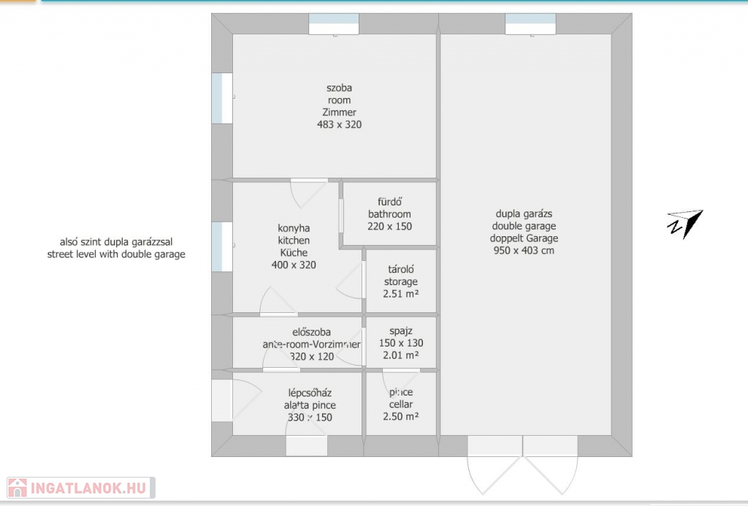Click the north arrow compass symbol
(x=685, y=224)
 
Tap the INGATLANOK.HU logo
(x=80, y=488)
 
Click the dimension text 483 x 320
(x=339, y=124)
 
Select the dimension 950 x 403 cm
(x=524, y=250)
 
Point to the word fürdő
(x=390, y=202)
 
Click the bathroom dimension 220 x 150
(x=390, y=226)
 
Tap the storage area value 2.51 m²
(x=401, y=293)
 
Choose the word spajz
(x=401, y=331)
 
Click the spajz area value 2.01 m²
(x=401, y=355)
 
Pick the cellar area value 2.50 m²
(x=401, y=416)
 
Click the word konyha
(x=294, y=228)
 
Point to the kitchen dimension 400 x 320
(x=294, y=265)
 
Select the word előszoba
(x=311, y=332)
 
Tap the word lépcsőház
(x=310, y=393)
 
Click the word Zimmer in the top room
(x=339, y=112)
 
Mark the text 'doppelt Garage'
(x=524, y=238)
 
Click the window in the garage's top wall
(x=530, y=24)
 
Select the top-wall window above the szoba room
(x=334, y=24)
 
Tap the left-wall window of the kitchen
(x=222, y=247)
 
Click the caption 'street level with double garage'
(x=116, y=254)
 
